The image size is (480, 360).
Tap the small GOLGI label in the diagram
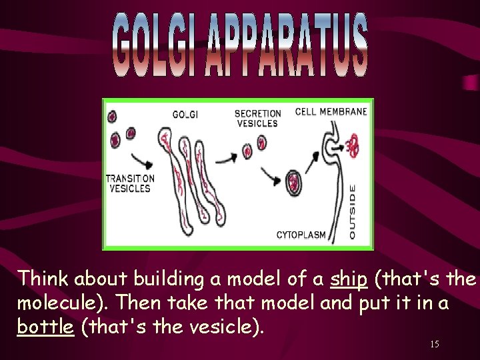click(185, 114)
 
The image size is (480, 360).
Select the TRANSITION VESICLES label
click(130, 183)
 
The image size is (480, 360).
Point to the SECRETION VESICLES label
click(257, 118)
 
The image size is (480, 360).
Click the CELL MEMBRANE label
click(331, 111)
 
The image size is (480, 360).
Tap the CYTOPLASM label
click(301, 235)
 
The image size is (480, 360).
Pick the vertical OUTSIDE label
click(353, 212)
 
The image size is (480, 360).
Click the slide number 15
click(434, 344)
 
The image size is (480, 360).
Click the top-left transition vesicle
click(111, 117)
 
